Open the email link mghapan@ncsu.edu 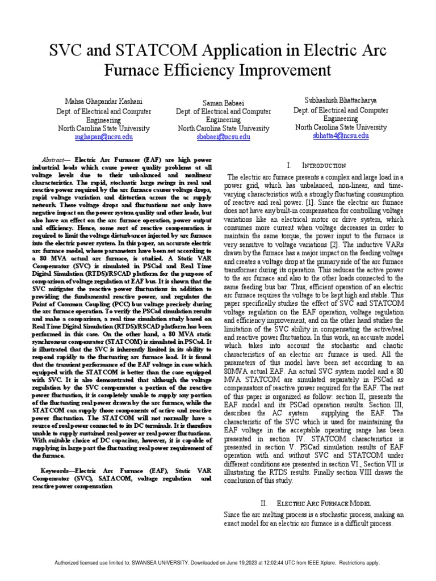pyautogui.click(x=104, y=137)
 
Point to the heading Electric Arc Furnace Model pyautogui.click(x=323, y=503)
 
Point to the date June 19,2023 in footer pyautogui.click(x=233, y=562)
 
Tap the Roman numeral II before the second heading pyautogui.click(x=263, y=503)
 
